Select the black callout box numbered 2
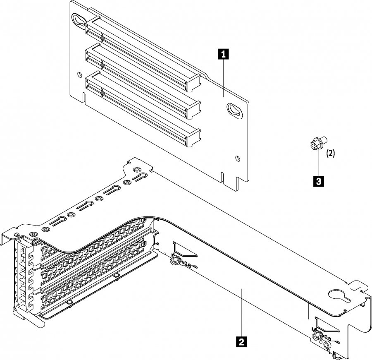pos(241,341)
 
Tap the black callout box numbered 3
pos(318,180)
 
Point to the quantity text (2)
pos(331,153)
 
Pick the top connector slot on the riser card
pos(143,52)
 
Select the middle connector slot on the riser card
pos(143,79)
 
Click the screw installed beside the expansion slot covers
pos(175,261)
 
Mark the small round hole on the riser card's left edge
pos(79,75)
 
